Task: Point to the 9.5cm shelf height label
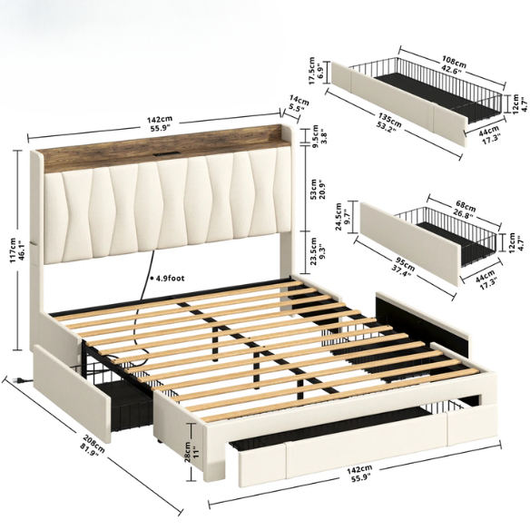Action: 315,134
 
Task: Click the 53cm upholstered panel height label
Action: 315,187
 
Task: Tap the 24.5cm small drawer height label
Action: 340,221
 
